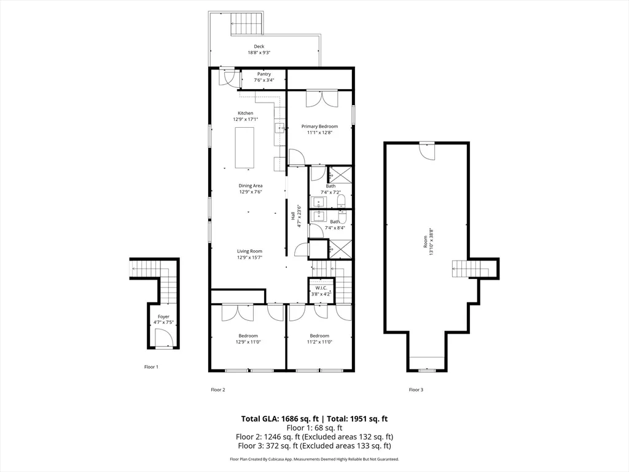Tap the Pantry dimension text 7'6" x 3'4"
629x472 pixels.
[x=264, y=80]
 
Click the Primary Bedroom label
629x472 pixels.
[x=319, y=127]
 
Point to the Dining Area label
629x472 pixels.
[x=251, y=186]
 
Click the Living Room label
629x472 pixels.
[x=250, y=251]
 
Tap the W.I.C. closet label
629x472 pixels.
[x=320, y=288]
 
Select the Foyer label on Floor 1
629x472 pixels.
[x=163, y=317]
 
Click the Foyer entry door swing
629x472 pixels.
[x=162, y=338]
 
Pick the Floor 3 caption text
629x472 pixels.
[x=416, y=390]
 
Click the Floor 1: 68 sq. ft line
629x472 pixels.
[x=314, y=428]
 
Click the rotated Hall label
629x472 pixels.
[x=293, y=216]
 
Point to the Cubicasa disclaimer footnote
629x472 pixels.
[x=314, y=459]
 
